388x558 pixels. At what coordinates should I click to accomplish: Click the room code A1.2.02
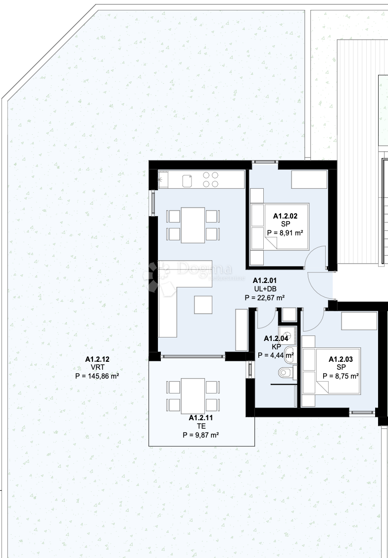point(285,216)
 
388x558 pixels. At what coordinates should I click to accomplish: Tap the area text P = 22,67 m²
point(265,297)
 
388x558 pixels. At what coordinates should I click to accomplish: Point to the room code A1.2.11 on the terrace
point(201,418)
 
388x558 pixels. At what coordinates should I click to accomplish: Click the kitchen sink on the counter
point(187,181)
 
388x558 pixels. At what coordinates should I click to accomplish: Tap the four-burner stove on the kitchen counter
point(210,179)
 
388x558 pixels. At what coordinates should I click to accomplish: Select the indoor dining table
point(193,225)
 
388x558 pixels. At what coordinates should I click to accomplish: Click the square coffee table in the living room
point(203,305)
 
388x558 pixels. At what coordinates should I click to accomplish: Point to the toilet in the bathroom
point(286,373)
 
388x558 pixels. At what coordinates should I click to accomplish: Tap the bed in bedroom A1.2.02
point(280,226)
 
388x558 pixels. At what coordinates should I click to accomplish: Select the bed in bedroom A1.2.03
point(331,371)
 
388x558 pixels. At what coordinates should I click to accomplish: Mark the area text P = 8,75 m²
point(340,376)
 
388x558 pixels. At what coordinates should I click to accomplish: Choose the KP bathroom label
point(277,346)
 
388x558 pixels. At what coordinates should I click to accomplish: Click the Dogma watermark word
point(205,269)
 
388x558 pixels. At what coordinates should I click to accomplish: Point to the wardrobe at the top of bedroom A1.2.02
point(309,180)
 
